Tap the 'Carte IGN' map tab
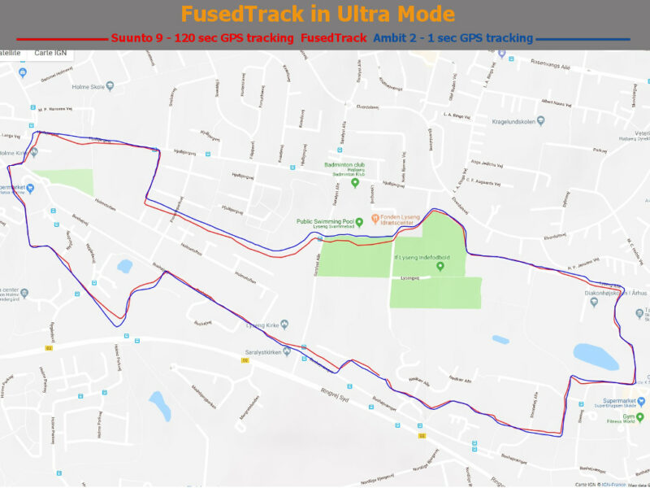point(50,52)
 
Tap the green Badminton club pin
point(354,183)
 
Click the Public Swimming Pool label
point(326,220)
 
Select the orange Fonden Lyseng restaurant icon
point(375,218)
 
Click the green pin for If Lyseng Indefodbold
point(440,266)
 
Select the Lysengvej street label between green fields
point(409,277)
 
